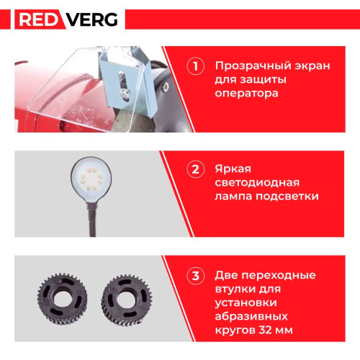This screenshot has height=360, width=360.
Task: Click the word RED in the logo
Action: [x=38, y=19]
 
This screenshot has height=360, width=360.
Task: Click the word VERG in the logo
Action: [x=92, y=19]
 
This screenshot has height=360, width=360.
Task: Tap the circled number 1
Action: [x=196, y=66]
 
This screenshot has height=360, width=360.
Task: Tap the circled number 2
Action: [x=196, y=169]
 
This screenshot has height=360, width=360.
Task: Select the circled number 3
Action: [x=196, y=276]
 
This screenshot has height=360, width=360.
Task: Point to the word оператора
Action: [x=246, y=94]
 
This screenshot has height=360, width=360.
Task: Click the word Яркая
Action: [x=233, y=168]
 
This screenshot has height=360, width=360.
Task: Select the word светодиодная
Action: [x=257, y=183]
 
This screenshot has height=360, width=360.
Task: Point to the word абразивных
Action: [x=251, y=316]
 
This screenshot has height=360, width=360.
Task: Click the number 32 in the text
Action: [x=262, y=330]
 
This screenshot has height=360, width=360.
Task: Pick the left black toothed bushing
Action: [x=62, y=299]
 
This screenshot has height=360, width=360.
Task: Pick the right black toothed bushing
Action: [x=126, y=300]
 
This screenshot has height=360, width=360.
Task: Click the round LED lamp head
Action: [x=91, y=179]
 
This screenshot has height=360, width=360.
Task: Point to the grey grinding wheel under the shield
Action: [x=135, y=121]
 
